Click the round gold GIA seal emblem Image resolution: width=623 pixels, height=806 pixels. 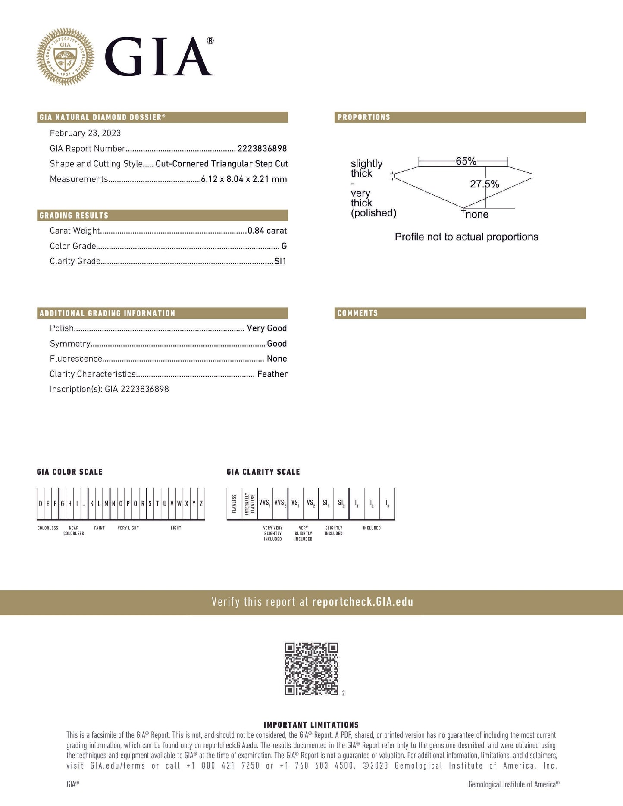(65, 56)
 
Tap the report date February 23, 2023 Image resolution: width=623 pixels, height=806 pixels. (85, 133)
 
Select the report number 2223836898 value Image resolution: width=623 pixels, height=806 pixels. (262, 149)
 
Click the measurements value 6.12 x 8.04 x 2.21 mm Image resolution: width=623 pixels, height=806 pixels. (244, 179)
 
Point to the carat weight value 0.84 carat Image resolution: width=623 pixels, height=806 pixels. (267, 231)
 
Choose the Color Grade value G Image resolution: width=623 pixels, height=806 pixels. (284, 246)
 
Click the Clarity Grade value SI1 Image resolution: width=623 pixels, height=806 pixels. (281, 261)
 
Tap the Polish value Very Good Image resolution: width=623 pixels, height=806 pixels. (267, 328)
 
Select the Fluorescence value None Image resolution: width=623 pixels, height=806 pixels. (277, 359)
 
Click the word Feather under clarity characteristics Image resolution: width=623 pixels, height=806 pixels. (272, 374)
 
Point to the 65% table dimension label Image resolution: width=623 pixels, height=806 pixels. (466, 161)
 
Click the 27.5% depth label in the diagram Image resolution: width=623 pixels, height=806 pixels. (485, 184)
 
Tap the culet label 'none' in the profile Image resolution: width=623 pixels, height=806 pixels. (477, 215)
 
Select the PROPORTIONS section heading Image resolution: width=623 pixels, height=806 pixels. (364, 117)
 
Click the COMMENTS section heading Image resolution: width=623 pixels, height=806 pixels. (357, 313)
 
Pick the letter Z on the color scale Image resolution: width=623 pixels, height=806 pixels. (201, 503)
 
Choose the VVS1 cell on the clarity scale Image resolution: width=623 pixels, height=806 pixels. (265, 503)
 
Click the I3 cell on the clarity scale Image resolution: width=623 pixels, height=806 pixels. (387, 503)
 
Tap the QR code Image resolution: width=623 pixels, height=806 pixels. (311, 669)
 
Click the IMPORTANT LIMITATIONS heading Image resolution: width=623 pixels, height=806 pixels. (311, 725)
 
